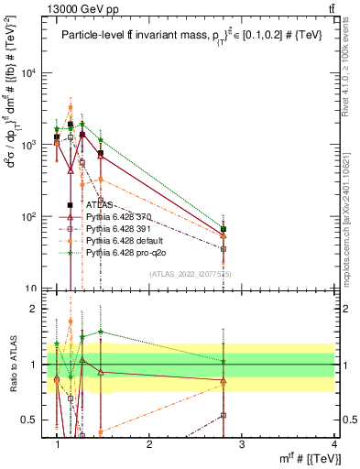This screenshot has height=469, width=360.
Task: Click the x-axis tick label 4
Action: (334, 444)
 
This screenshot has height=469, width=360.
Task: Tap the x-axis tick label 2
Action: (149, 444)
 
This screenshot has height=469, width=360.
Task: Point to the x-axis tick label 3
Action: (242, 444)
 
